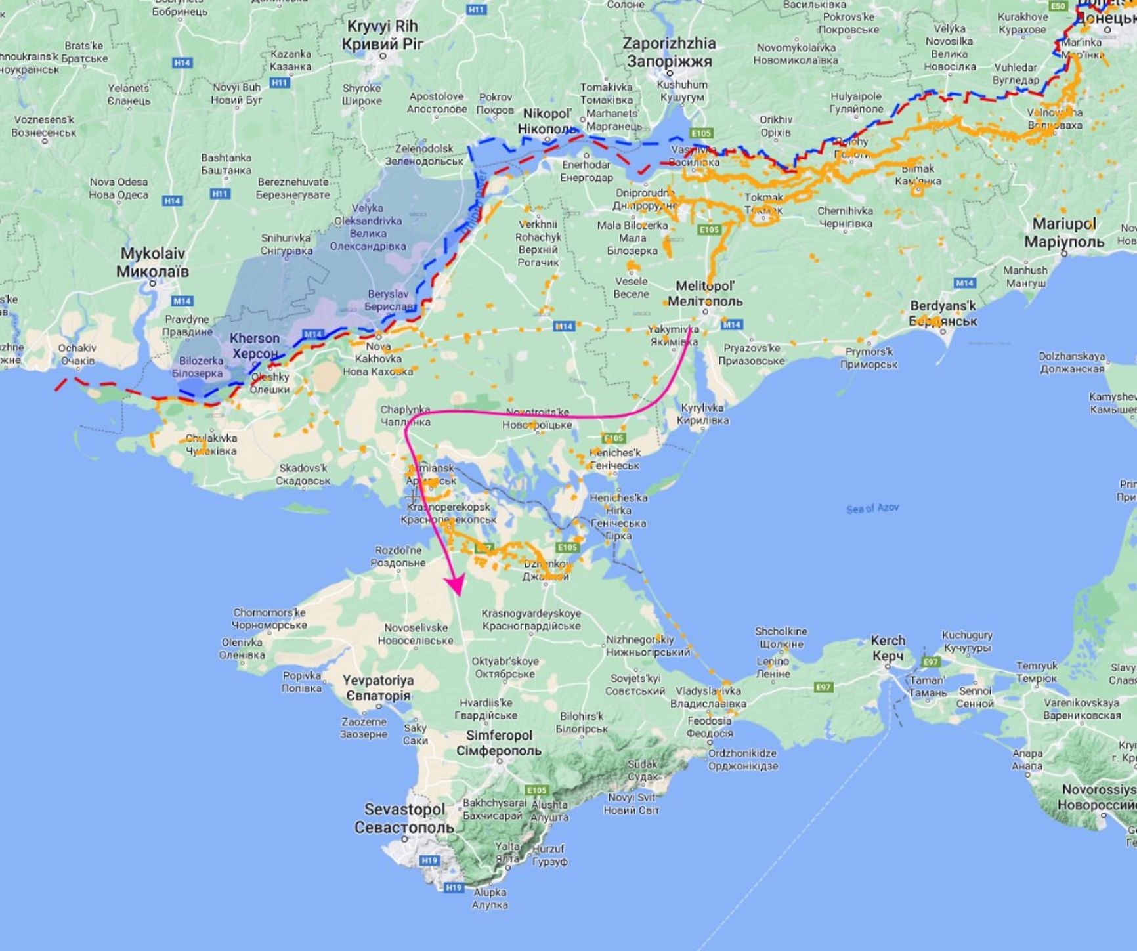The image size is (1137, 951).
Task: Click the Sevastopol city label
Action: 404,818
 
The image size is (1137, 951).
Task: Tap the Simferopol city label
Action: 499,743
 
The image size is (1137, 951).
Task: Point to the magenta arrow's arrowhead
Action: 455,585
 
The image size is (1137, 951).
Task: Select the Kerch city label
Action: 888,648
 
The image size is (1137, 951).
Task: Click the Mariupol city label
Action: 1063,232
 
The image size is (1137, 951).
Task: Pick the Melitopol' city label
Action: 705,293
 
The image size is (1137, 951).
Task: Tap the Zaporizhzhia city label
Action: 669,52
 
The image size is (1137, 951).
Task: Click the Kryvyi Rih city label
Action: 382,35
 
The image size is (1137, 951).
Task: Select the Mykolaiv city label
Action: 152,262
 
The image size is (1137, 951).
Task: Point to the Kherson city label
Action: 254,346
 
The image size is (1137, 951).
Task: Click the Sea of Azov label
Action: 872,508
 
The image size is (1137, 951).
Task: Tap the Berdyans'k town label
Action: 943,313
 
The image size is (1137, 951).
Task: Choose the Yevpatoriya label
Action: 377,688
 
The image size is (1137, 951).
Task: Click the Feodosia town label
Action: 710,727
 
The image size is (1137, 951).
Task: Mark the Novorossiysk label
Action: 1098,797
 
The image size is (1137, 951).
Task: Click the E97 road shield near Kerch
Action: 931,662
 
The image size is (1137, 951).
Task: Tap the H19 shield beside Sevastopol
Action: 429,860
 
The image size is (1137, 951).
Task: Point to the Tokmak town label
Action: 763,203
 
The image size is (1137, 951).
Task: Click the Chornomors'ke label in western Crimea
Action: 269,619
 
